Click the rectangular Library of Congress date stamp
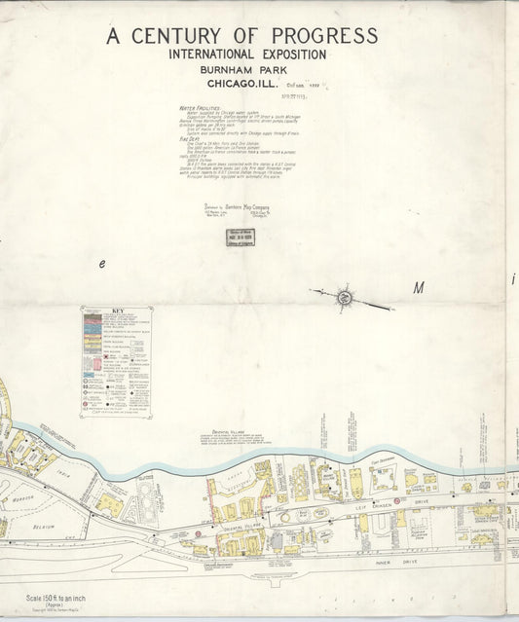[241, 237]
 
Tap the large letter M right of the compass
[420, 288]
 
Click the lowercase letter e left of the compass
[100, 265]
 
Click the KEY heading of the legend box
[117, 313]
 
